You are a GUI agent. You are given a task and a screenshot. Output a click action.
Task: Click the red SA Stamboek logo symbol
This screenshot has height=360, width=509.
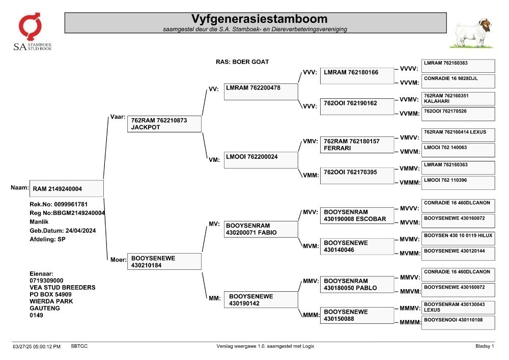click(x=30, y=26)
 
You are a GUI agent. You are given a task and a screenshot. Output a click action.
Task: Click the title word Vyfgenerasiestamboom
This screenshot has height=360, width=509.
click(x=259, y=19)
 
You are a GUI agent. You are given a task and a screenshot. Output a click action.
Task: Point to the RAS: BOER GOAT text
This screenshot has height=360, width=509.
click(x=242, y=62)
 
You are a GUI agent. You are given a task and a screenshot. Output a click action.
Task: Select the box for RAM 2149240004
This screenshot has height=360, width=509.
click(x=67, y=188)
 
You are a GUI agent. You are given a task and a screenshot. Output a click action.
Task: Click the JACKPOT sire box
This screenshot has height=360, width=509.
click(x=164, y=124)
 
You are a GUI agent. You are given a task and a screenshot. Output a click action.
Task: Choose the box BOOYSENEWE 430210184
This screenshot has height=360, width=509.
click(x=164, y=261)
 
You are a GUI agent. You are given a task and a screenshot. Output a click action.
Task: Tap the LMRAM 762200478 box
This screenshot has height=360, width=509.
click(x=261, y=92)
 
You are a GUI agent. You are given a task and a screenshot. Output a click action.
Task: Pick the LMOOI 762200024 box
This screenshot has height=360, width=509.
click(x=261, y=160)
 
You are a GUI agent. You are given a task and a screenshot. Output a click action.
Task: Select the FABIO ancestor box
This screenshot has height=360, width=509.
click(x=261, y=229)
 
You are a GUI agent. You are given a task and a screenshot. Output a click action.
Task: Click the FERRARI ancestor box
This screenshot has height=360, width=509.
click(x=357, y=145)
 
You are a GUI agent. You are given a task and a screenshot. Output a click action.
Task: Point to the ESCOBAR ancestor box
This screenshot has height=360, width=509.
click(x=357, y=215)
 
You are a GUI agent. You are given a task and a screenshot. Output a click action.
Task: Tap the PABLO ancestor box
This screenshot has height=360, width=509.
click(x=357, y=284)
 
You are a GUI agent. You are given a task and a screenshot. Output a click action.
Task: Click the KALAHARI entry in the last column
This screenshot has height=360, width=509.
click(x=459, y=99)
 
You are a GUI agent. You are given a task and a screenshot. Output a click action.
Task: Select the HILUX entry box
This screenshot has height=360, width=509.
click(x=459, y=239)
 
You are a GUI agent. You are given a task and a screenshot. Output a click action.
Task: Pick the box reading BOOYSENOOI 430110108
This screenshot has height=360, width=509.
click(x=459, y=323)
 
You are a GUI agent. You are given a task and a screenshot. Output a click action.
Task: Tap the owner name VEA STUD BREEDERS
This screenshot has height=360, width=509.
click(x=62, y=287)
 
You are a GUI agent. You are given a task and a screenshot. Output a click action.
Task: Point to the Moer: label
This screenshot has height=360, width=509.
click(x=118, y=260)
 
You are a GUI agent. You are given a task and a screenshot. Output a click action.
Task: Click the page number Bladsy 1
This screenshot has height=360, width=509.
click(x=485, y=346)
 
